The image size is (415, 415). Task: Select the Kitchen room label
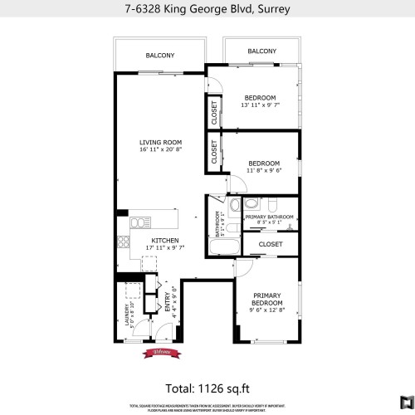click(165, 240)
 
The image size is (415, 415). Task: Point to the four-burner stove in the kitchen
click(124, 243)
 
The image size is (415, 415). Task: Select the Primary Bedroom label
click(266, 296)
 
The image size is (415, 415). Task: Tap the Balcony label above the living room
click(160, 56)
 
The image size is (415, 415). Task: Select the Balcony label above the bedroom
click(261, 51)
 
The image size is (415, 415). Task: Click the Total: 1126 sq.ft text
click(207, 386)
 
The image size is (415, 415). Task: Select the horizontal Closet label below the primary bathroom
click(271, 244)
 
